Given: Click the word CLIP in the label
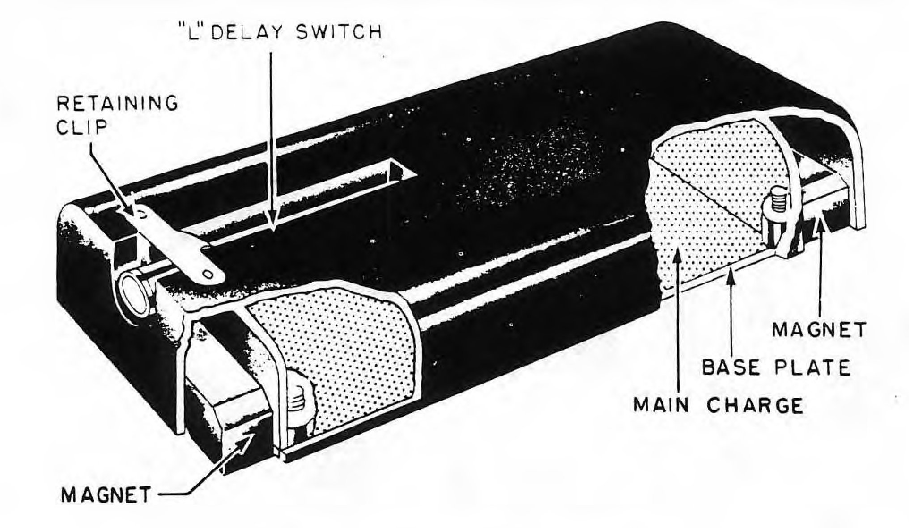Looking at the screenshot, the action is click(83, 127).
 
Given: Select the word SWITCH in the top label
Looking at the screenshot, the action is click(340, 33).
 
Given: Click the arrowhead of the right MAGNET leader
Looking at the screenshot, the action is click(820, 219).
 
